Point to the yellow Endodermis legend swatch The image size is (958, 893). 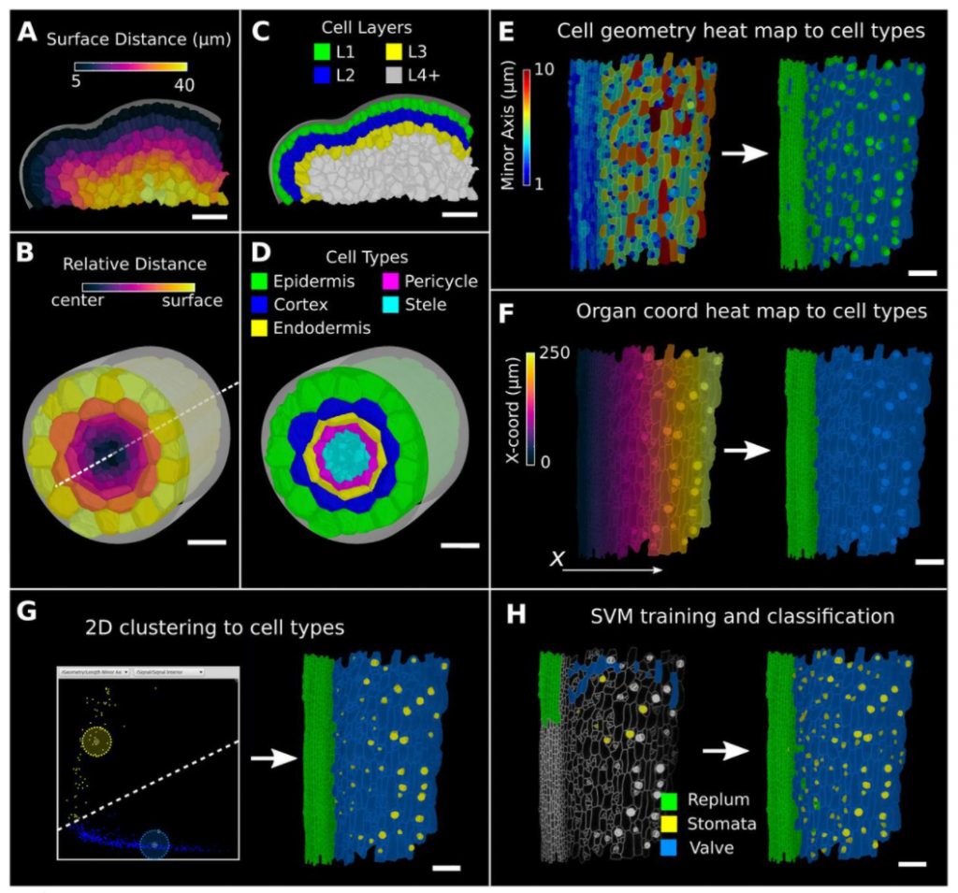(x=260, y=327)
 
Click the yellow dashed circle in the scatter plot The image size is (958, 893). (x=95, y=741)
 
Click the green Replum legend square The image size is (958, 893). (x=671, y=801)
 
